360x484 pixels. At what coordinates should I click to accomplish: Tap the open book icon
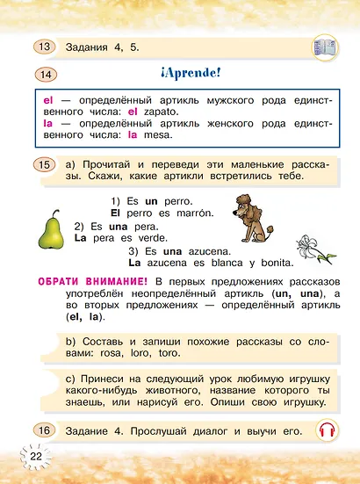pyautogui.click(x=328, y=46)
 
